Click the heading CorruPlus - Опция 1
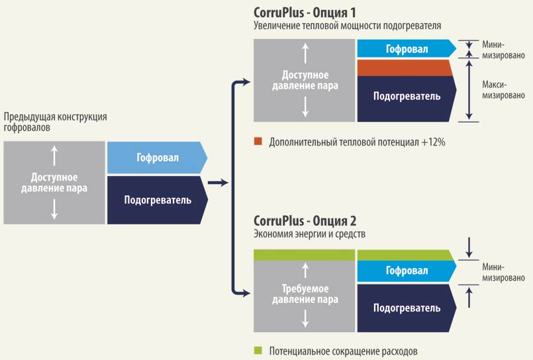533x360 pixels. (305, 13)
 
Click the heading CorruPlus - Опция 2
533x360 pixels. (305, 221)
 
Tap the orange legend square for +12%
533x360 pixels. (258, 141)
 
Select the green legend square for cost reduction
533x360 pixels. (258, 350)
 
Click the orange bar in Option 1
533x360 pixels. (405, 67)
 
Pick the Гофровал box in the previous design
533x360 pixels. (157, 157)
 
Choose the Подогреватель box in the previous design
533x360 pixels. (158, 200)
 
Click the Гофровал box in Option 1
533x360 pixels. (407, 48)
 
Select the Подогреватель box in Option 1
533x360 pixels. (407, 99)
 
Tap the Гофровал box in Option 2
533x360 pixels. (407, 271)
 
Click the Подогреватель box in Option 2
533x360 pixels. (407, 308)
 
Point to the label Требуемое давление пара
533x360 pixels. (305, 294)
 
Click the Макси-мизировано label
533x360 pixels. (503, 90)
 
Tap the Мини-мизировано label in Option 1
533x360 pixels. (503, 50)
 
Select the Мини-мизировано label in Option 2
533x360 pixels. (503, 273)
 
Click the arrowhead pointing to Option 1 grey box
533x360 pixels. (246, 81)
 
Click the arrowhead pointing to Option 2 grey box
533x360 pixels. (246, 293)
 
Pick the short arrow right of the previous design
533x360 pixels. (218, 183)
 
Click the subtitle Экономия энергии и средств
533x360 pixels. (309, 234)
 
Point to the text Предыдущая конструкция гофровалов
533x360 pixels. (55, 122)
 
